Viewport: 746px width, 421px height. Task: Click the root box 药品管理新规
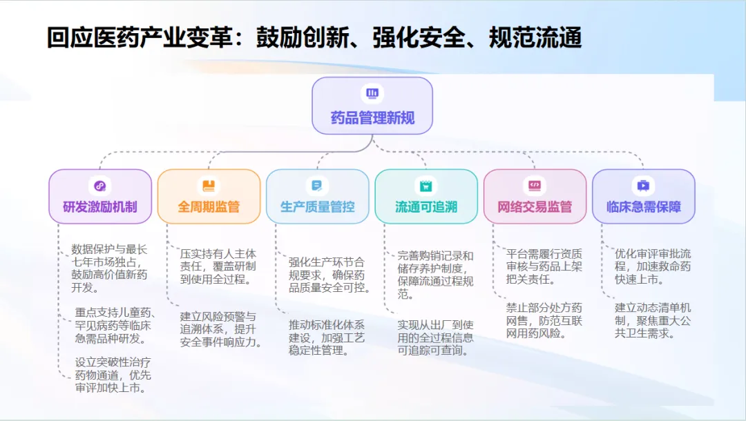pyautogui.click(x=372, y=106)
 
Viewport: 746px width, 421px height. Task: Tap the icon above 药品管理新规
pyautogui.click(x=372, y=93)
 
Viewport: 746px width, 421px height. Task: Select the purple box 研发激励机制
pyautogui.click(x=100, y=197)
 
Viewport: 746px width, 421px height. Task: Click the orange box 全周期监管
pyautogui.click(x=209, y=197)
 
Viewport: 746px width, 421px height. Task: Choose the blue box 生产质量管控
pyautogui.click(x=317, y=197)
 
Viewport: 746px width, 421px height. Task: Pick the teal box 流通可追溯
pyautogui.click(x=426, y=197)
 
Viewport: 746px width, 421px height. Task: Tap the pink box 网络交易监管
pyautogui.click(x=535, y=197)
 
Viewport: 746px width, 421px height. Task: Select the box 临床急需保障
pyautogui.click(x=643, y=197)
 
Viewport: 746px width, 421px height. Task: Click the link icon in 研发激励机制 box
pyautogui.click(x=100, y=186)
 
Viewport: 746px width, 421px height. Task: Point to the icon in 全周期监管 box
pyautogui.click(x=209, y=186)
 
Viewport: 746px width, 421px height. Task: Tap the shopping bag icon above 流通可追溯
pyautogui.click(x=426, y=186)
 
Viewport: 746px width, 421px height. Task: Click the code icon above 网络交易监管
pyautogui.click(x=535, y=186)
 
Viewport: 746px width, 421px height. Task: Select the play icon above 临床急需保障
pyautogui.click(x=643, y=186)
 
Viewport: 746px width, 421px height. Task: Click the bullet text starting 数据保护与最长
pyautogui.click(x=110, y=268)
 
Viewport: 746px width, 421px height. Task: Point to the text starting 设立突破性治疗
pyautogui.click(x=113, y=375)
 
